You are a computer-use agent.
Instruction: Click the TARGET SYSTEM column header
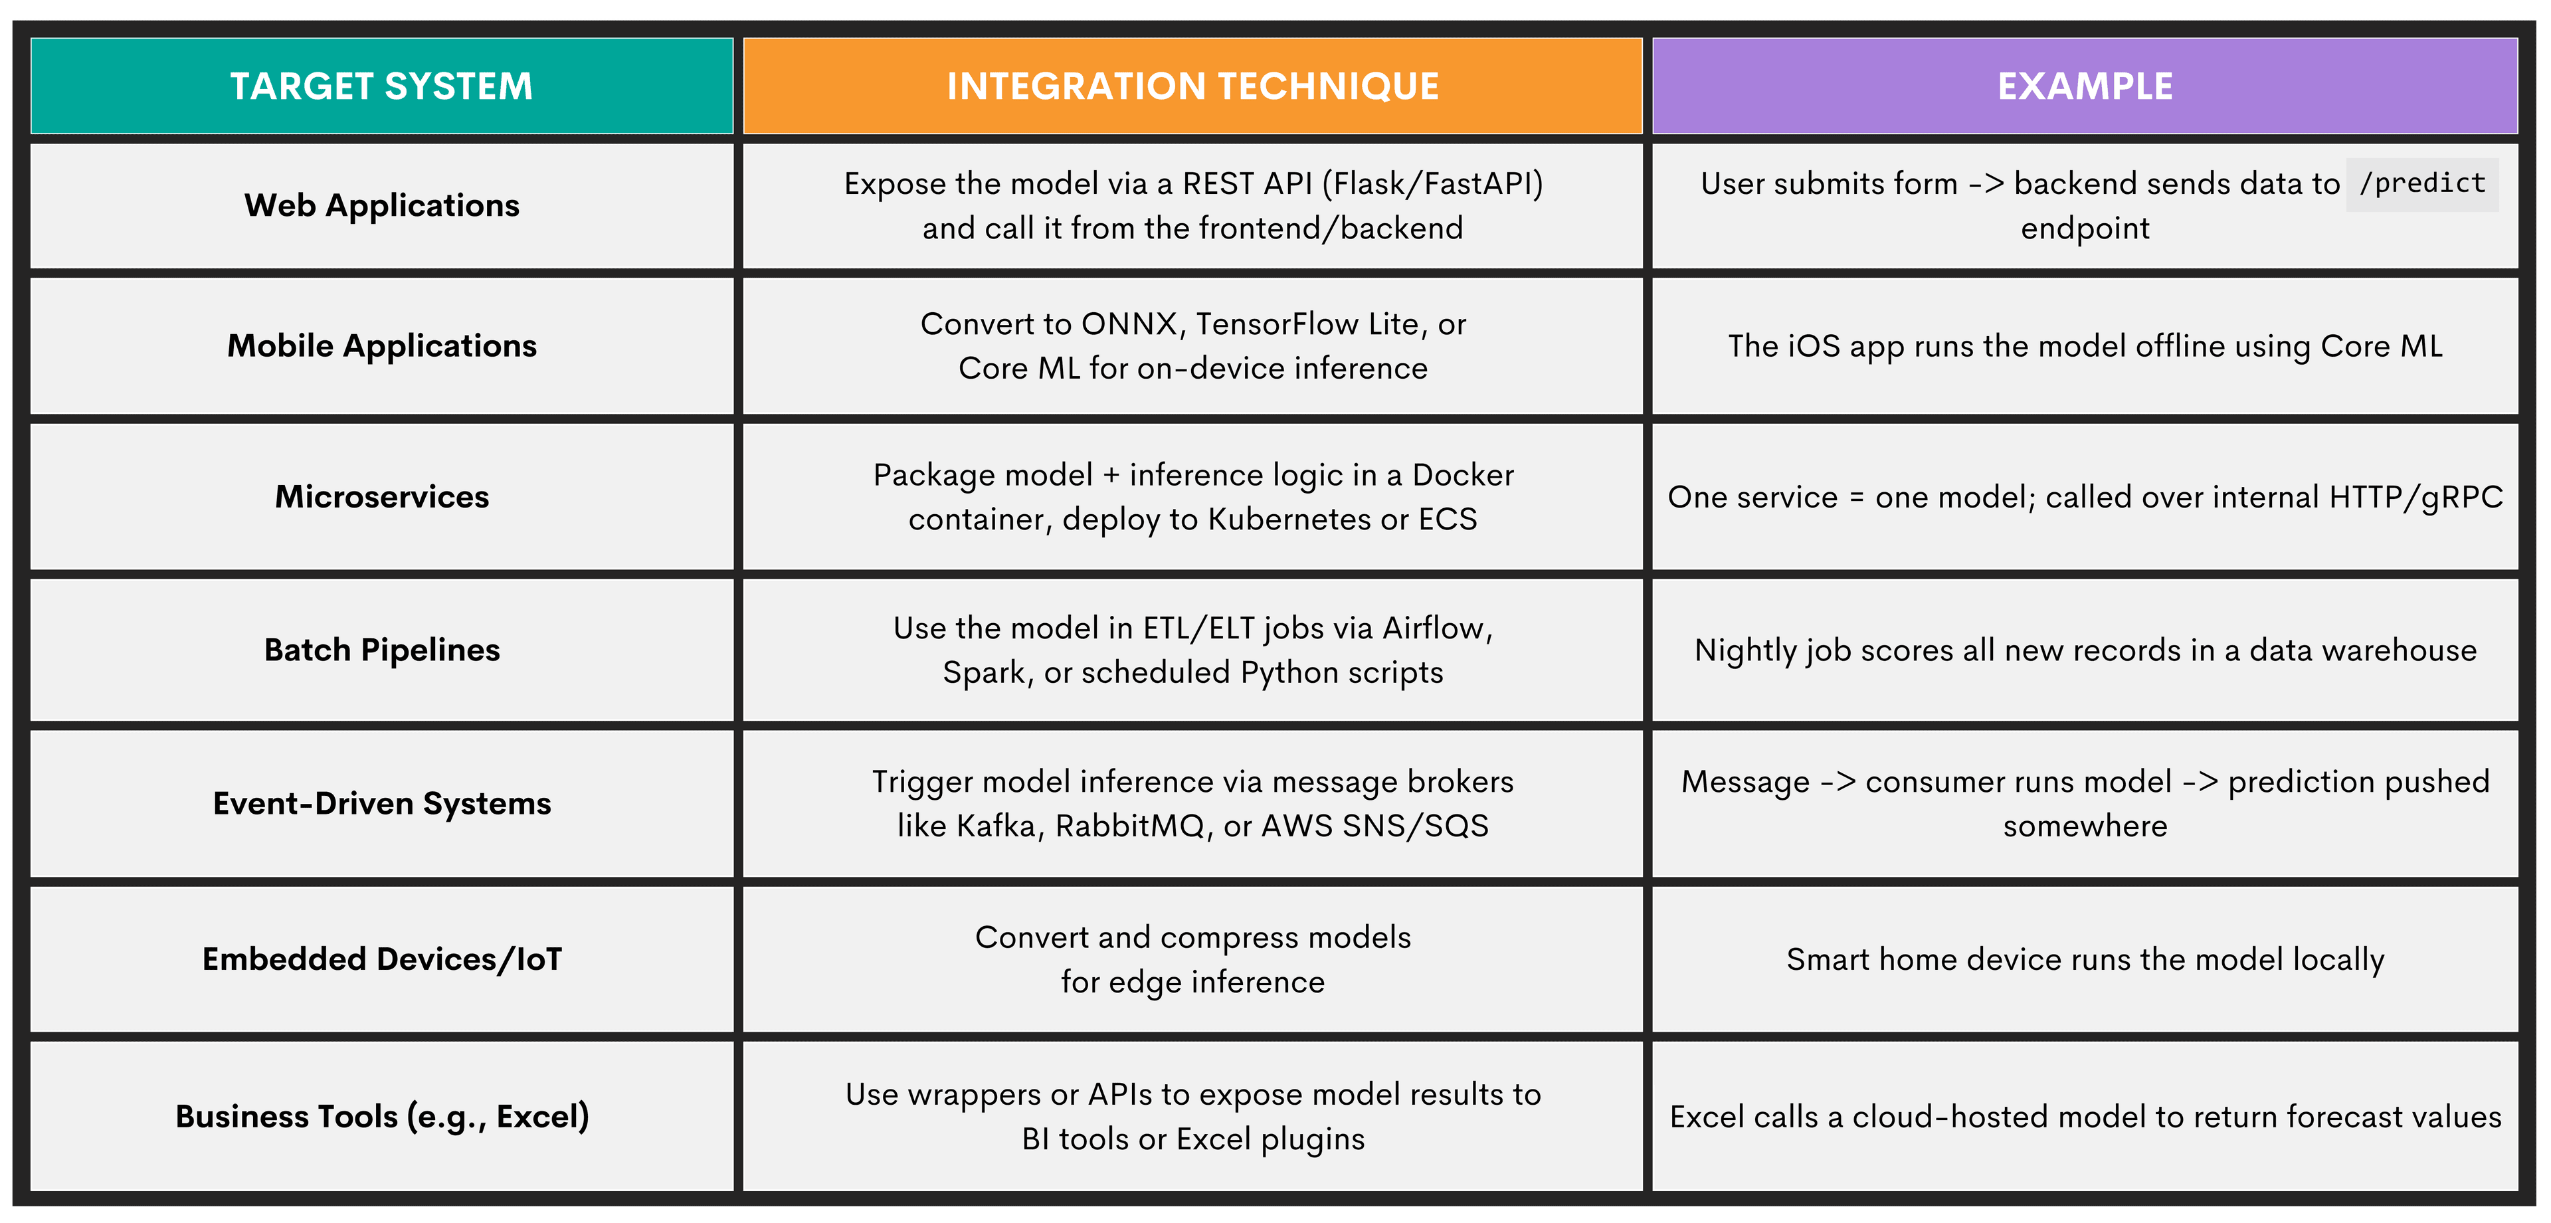click(381, 86)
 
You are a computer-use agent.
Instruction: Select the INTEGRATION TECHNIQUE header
click(1192, 86)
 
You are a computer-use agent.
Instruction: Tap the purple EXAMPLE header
click(2085, 86)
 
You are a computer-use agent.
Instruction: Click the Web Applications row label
click(381, 205)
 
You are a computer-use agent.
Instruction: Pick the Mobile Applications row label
click(381, 345)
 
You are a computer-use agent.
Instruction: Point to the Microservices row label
click(381, 496)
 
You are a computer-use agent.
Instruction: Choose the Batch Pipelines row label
click(381, 650)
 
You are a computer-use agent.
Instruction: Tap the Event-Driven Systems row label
click(381, 803)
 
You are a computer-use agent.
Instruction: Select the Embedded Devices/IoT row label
click(381, 959)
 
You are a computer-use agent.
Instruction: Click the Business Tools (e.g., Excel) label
click(381, 1116)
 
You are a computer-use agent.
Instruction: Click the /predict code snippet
click(2421, 184)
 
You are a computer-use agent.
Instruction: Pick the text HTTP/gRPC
click(2415, 497)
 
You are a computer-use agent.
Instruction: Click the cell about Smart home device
click(2085, 959)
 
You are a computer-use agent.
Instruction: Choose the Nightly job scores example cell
click(2085, 650)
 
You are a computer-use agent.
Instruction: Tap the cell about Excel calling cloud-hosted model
click(2085, 1116)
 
